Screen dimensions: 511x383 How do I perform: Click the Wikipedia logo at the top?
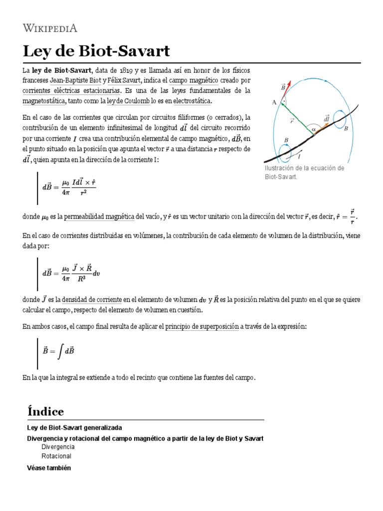50,27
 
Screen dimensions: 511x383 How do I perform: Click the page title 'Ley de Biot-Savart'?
96,51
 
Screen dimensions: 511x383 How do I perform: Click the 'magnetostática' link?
44,101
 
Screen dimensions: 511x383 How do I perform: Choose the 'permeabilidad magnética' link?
92,216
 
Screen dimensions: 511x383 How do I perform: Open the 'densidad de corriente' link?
92,299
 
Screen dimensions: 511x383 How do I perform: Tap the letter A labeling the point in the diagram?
274,102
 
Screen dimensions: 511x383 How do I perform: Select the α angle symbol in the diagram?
313,129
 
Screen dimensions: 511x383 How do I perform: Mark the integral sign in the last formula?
60,351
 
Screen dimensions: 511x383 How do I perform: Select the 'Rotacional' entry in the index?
56,456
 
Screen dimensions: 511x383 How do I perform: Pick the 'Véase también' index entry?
48,468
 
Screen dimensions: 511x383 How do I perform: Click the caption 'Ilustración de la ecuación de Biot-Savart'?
304,173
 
